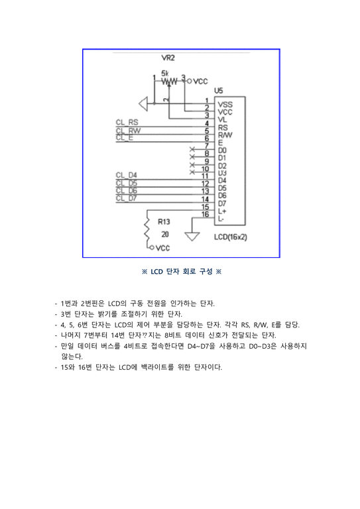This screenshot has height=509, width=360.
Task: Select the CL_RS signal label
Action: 127,123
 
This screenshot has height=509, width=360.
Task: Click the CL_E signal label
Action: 124,138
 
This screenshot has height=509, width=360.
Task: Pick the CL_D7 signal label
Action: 126,198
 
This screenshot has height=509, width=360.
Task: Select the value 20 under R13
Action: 164,234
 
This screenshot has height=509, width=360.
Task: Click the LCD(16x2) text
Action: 231,237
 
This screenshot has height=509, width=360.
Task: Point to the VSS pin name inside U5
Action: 225,105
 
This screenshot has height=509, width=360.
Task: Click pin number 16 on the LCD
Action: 206,214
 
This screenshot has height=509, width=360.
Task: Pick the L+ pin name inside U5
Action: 222,211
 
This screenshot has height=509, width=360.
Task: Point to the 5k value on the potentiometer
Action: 165,72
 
